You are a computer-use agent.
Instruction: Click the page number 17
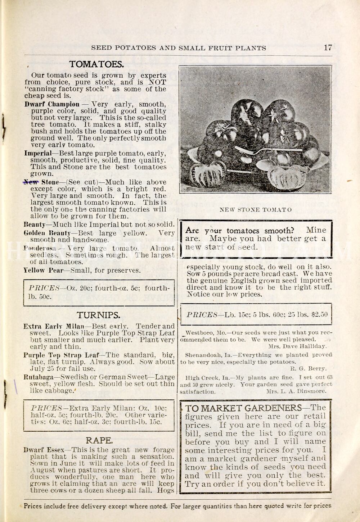pos(328,47)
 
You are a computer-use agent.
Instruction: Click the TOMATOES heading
pos(96,64)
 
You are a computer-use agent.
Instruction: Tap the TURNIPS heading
pos(98,315)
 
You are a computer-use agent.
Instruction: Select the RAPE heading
pos(99,440)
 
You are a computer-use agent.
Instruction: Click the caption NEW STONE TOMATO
pos(256,210)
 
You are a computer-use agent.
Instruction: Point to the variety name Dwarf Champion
pos(52,104)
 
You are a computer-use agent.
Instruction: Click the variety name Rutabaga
pos(38,377)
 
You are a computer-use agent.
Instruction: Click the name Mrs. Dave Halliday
pos(297,346)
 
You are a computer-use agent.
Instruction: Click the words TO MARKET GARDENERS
pos(243,408)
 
